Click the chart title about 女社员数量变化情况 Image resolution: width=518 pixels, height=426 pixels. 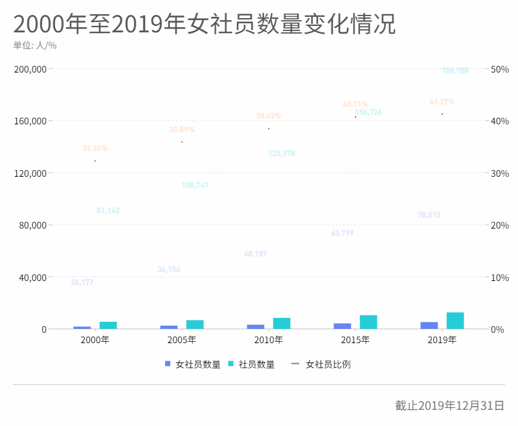(204, 25)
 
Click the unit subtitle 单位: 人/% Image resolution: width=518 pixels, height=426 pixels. (35, 45)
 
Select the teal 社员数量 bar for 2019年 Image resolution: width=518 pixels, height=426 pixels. (455, 320)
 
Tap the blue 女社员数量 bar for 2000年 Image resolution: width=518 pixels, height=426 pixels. (82, 328)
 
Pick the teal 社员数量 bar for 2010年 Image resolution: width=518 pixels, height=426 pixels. (282, 323)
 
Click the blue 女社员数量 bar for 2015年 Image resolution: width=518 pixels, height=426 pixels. (343, 326)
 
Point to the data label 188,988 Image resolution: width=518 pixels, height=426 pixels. (455, 71)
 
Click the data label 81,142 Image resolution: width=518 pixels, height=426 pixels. (108, 210)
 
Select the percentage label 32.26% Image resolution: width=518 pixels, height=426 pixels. (95, 148)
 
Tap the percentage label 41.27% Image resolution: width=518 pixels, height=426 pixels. (442, 102)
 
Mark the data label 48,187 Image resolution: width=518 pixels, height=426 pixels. (256, 254)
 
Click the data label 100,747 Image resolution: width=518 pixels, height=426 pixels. (195, 185)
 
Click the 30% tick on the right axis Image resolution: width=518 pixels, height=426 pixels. (500, 173)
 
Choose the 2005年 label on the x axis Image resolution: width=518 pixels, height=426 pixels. (182, 340)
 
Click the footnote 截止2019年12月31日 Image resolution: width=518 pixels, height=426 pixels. (449, 405)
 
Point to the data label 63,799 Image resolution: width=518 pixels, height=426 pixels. (343, 233)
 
